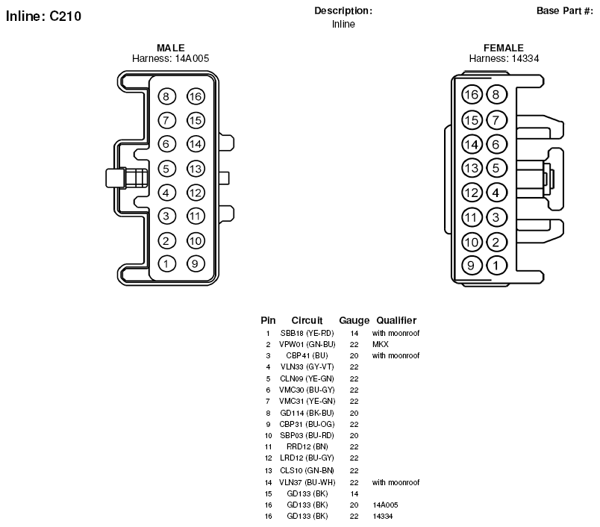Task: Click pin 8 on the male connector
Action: (166, 96)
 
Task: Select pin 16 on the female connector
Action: (472, 95)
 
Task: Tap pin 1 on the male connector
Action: (166, 263)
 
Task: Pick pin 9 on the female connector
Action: (471, 266)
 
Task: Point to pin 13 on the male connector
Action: (196, 169)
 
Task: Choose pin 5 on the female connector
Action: (496, 168)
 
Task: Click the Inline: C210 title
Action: (43, 16)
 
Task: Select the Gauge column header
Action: (354, 320)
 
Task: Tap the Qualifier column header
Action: (396, 320)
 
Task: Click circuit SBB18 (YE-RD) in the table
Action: (307, 334)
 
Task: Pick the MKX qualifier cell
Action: (381, 344)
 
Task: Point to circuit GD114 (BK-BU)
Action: (307, 413)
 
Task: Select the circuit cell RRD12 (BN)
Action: (307, 446)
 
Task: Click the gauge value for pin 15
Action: (354, 493)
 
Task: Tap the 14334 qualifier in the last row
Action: (383, 517)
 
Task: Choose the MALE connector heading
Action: (171, 48)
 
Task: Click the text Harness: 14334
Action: (504, 58)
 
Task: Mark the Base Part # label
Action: (565, 10)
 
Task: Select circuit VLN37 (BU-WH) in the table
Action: (307, 483)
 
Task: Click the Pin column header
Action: (268, 320)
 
